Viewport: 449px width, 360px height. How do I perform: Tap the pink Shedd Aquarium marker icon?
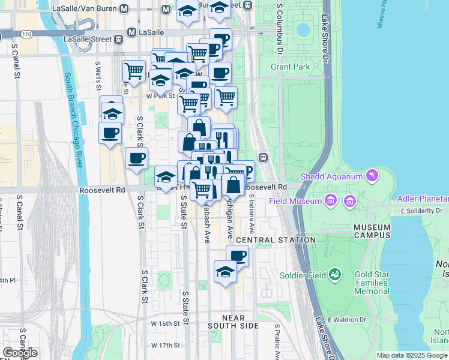click(x=373, y=175)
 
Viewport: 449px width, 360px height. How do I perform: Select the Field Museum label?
click(x=295, y=201)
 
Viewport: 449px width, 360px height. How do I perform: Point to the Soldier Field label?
click(x=303, y=275)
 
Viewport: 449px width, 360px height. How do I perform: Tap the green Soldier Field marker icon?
click(x=334, y=275)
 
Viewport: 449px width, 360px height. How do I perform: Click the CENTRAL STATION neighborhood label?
click(x=276, y=240)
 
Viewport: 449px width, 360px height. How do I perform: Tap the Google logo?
click(x=20, y=352)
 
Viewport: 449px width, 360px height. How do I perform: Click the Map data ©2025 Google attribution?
click(x=412, y=355)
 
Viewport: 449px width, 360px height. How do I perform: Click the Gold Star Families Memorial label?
click(x=372, y=283)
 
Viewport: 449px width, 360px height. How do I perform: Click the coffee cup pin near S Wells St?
click(x=110, y=133)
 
